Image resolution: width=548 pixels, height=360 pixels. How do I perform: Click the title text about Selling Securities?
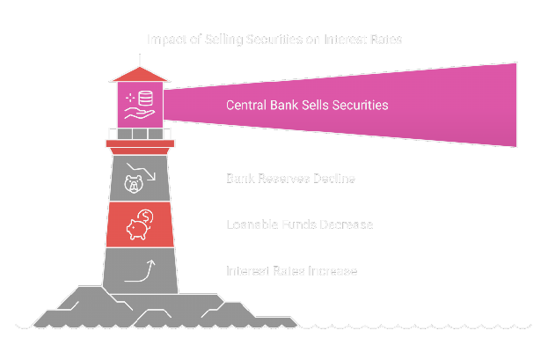[274, 39]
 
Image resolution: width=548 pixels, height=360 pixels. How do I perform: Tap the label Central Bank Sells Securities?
[307, 105]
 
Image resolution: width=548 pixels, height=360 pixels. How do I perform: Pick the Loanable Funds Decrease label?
[299, 225]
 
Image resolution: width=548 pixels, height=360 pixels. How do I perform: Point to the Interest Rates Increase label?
[291, 271]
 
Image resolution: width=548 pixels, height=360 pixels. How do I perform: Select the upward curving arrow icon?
[140, 269]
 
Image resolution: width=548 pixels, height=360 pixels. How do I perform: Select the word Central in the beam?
[247, 105]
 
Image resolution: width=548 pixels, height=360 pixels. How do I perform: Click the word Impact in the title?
[164, 39]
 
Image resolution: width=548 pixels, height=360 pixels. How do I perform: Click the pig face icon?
[135, 185]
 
